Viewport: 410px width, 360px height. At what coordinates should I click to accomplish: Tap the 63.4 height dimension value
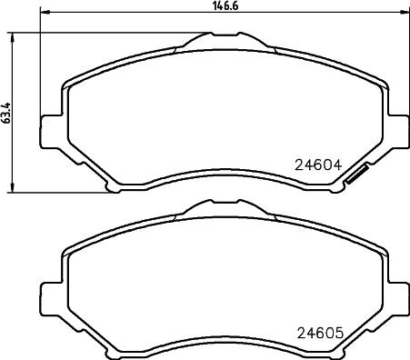point(7,113)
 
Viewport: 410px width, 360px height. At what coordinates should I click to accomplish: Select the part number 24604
point(317,166)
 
